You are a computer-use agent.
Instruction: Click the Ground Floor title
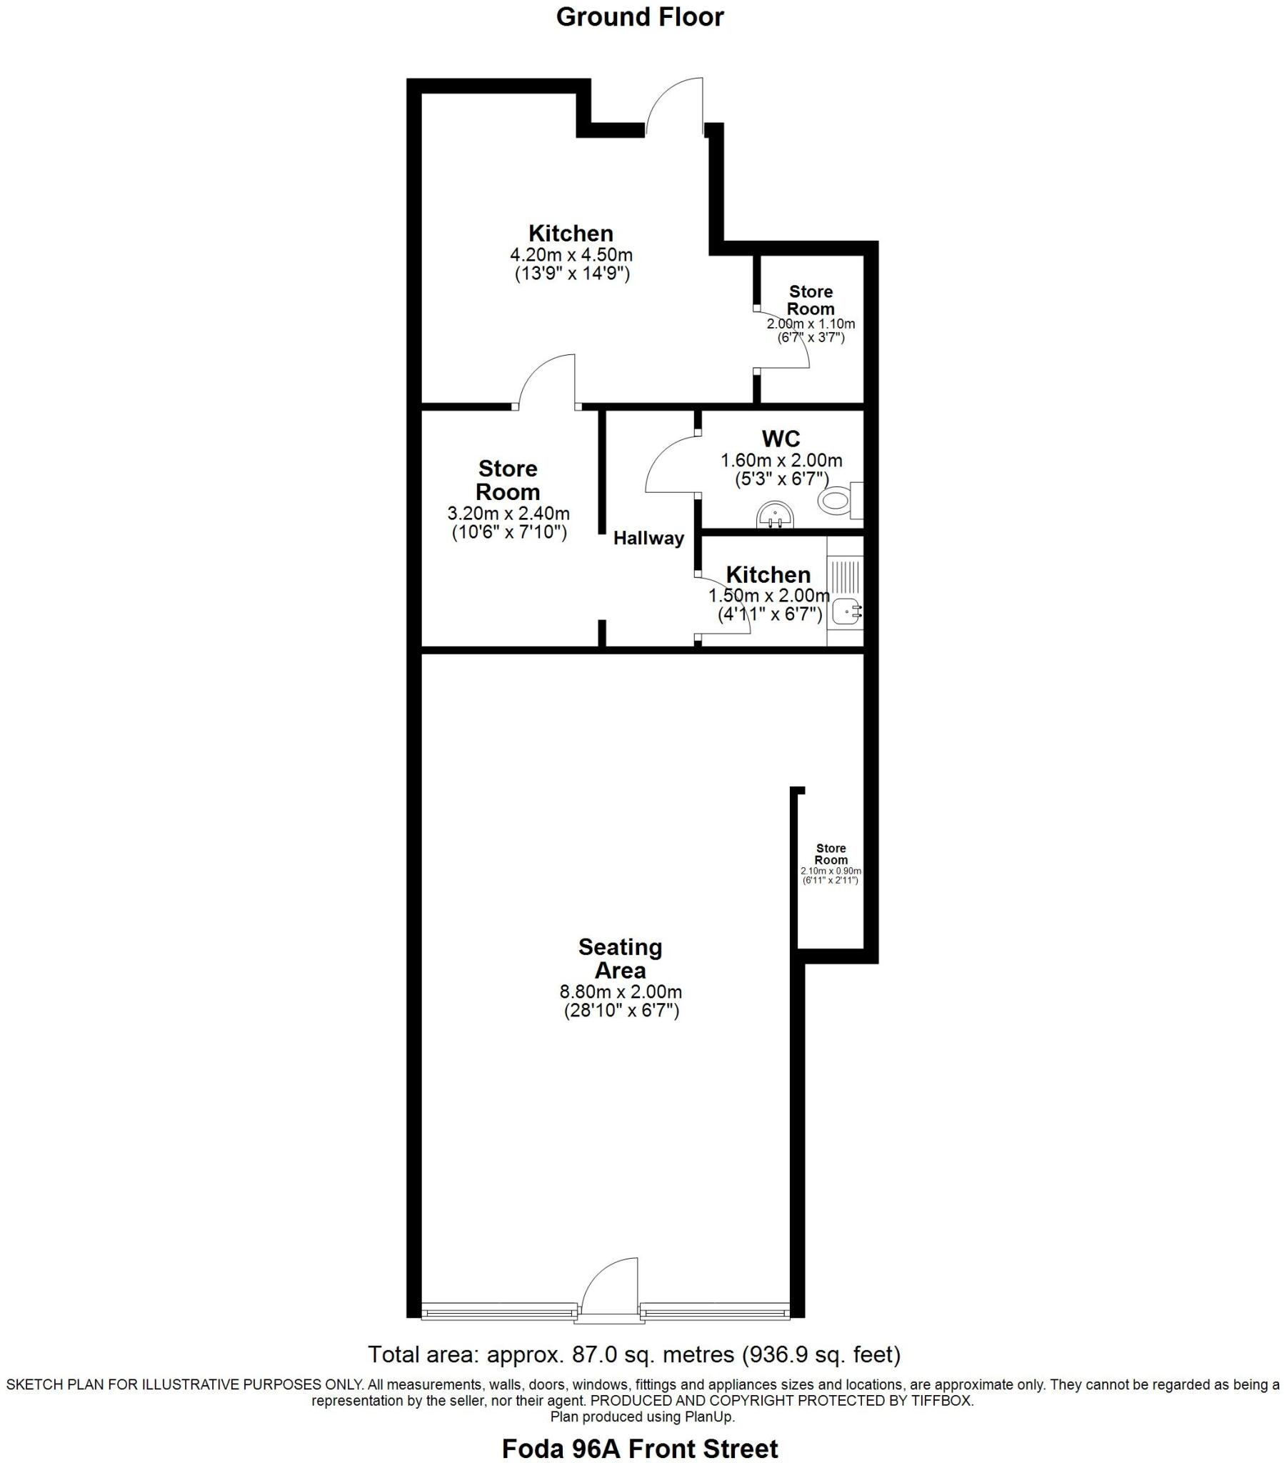pyautogui.click(x=639, y=17)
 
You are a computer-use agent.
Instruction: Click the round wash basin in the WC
pyautogui.click(x=775, y=514)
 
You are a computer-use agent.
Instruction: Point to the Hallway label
pyautogui.click(x=648, y=538)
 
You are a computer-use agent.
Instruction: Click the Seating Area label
pyautogui.click(x=620, y=959)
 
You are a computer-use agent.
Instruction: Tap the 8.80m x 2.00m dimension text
pyautogui.click(x=620, y=992)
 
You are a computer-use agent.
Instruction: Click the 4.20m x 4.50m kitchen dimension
pyautogui.click(x=571, y=255)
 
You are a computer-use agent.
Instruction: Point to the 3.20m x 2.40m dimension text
pyautogui.click(x=508, y=513)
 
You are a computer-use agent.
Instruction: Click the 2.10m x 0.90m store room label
pyautogui.click(x=831, y=871)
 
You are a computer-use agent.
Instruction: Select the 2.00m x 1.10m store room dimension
pyautogui.click(x=811, y=324)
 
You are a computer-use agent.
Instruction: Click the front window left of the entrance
pyautogui.click(x=499, y=1312)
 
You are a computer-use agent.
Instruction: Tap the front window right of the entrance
pyautogui.click(x=714, y=1312)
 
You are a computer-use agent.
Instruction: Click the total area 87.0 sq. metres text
pyautogui.click(x=633, y=1354)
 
